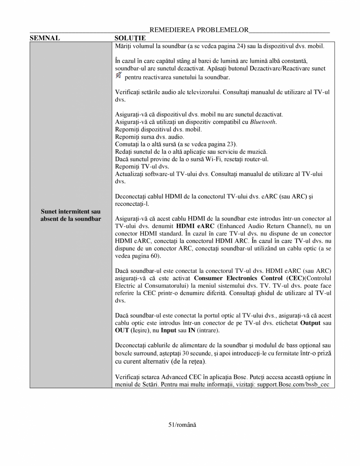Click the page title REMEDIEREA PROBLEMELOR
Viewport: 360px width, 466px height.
click(199, 30)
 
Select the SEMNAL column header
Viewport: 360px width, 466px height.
click(45, 38)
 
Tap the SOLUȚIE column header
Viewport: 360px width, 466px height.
click(130, 38)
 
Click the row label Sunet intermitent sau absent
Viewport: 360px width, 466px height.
click(71, 215)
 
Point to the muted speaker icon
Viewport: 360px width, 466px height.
click(119, 75)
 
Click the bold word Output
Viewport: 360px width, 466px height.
click(310, 323)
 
